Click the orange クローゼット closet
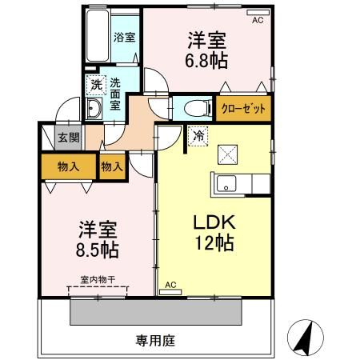pyautogui.click(x=242, y=107)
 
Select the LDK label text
pyautogui.click(x=212, y=223)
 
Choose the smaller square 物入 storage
pyautogui.click(x=112, y=166)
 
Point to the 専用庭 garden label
pyautogui.click(x=157, y=339)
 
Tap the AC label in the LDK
pyautogui.click(x=170, y=285)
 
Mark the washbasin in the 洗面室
pyautogui.click(x=94, y=111)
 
